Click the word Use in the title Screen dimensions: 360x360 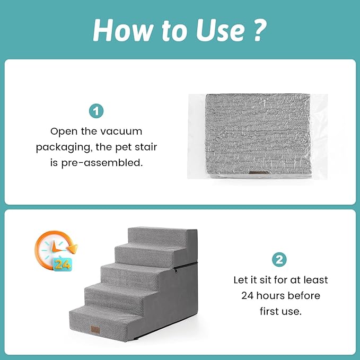coord(220,30)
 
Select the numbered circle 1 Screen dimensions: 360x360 coord(96,111)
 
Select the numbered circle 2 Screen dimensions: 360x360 coord(279,260)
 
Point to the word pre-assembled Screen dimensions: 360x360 coord(102,163)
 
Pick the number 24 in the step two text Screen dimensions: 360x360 coord(247,296)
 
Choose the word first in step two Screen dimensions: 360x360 coord(269,311)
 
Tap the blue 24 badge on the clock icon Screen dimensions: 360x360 coord(62,265)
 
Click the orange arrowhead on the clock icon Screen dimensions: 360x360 coord(73,249)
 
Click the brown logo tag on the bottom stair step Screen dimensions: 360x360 coord(95,329)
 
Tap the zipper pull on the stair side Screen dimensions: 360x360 coord(175,270)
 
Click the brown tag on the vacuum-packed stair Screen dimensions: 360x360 coord(259,173)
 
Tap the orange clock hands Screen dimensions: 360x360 coord(56,248)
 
